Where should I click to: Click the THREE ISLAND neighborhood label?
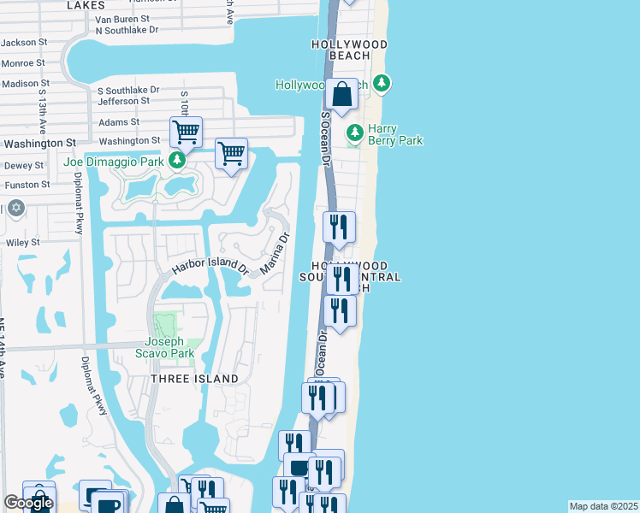point(194,379)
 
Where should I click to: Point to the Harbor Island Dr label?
point(210,267)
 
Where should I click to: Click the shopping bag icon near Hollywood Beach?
point(341,93)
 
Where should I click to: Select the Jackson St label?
point(23,42)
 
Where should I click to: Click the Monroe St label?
point(23,63)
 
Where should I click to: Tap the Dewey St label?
point(18,166)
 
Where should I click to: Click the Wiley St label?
point(23,243)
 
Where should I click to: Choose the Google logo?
point(28,503)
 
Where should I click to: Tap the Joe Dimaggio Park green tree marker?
point(177,160)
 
